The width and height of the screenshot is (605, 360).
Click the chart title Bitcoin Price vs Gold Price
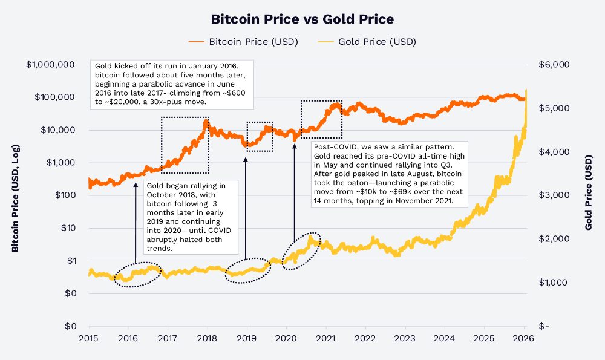click(302, 19)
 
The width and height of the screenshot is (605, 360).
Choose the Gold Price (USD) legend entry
click(368, 42)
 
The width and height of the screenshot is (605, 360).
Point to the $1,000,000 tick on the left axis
click(50, 65)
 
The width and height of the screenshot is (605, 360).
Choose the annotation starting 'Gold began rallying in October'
click(191, 217)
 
